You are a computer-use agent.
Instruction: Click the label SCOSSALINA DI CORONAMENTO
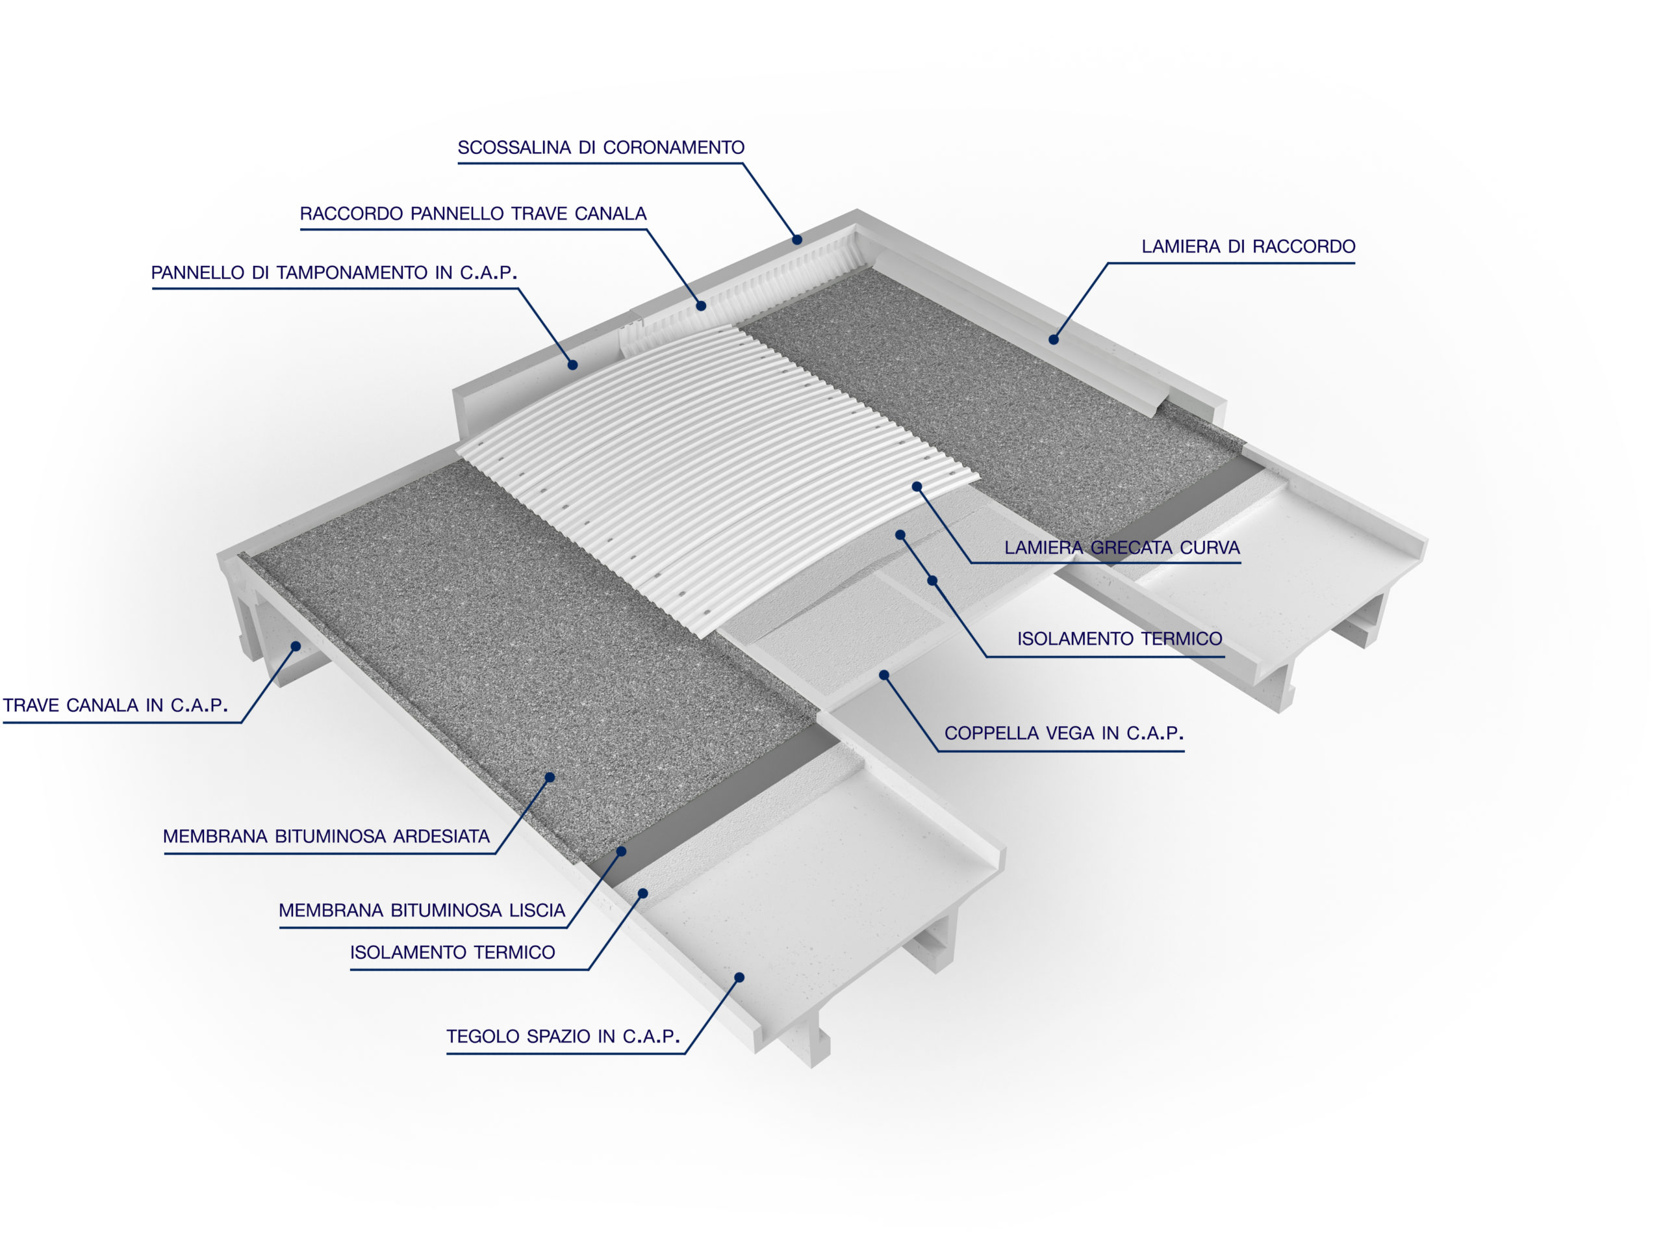[x=601, y=148]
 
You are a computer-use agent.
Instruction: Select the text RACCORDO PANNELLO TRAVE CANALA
[x=473, y=214]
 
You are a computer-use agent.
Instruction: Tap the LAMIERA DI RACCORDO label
[x=1248, y=247]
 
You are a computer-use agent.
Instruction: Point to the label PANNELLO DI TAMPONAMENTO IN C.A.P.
[x=334, y=272]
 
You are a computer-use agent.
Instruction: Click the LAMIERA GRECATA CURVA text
[x=1122, y=548]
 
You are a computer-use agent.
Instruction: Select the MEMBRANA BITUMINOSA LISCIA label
[x=422, y=910]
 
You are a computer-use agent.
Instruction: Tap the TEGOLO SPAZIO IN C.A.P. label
[x=563, y=1036]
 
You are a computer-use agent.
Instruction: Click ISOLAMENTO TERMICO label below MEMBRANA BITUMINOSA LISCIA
[x=452, y=952]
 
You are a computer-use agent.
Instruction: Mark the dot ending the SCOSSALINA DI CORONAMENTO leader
[x=797, y=240]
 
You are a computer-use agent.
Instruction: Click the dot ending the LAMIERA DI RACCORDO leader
[x=1053, y=340]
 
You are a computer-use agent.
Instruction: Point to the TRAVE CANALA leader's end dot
[x=296, y=646]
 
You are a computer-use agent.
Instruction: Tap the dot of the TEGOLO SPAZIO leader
[x=739, y=977]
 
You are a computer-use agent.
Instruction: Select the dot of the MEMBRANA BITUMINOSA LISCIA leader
[x=621, y=851]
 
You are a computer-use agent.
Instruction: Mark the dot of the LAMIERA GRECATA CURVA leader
[x=917, y=487]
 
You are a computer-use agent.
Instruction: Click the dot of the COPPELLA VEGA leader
[x=884, y=675]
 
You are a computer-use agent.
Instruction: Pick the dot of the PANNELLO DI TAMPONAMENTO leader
[x=572, y=365]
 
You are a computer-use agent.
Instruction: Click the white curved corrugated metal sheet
[x=714, y=467]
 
